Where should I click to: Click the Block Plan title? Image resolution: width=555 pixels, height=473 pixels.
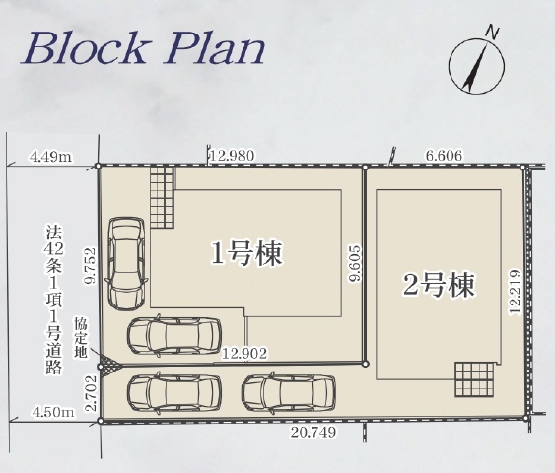tap(144, 48)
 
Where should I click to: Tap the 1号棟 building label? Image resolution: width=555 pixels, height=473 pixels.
tap(247, 254)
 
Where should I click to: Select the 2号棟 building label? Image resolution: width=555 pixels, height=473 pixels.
tap(440, 285)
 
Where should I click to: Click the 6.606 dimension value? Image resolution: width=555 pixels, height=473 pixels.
tap(444, 154)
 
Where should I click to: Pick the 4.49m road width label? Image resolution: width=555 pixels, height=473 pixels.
tap(52, 155)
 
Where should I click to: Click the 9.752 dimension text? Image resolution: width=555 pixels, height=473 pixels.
tap(88, 267)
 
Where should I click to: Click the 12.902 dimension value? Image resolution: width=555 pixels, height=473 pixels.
tap(244, 352)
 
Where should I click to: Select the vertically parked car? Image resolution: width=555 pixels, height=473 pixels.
tap(126, 262)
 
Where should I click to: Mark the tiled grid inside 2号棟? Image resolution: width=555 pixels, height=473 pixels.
tap(472, 379)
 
